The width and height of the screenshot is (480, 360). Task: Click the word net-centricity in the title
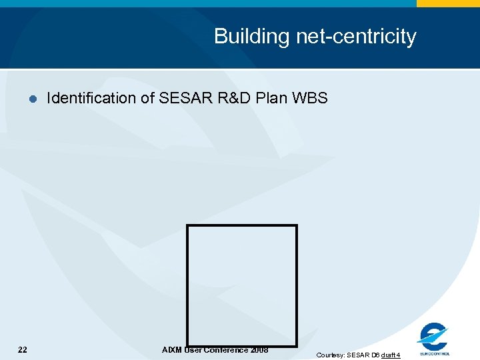click(x=352, y=37)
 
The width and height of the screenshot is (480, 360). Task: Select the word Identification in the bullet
click(x=91, y=99)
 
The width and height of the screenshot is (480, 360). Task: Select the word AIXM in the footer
click(x=171, y=350)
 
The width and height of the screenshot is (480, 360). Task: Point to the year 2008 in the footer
click(x=259, y=350)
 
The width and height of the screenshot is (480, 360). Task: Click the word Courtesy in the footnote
click(x=330, y=355)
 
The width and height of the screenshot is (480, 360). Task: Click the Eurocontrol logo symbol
click(x=433, y=335)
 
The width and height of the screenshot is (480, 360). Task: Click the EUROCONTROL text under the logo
click(x=435, y=353)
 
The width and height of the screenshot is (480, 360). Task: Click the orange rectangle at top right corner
click(x=448, y=3)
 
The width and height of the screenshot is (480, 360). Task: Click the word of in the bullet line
click(x=147, y=99)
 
